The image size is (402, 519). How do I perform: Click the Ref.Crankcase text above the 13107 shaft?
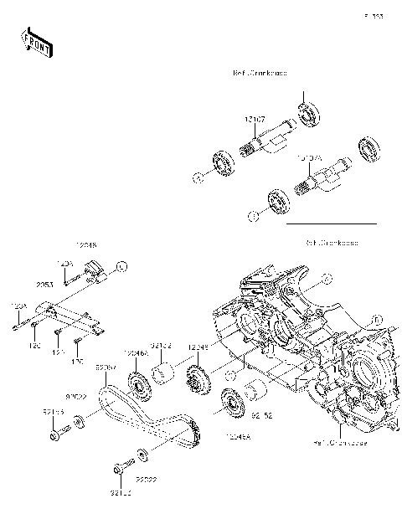pos(260,74)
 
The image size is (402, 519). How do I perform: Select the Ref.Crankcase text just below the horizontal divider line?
pos(332,242)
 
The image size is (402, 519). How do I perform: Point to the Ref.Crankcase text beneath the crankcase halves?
pos(336,441)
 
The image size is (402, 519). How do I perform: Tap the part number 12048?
pos(86,245)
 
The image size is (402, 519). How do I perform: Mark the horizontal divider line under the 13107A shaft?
pos(332,224)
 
